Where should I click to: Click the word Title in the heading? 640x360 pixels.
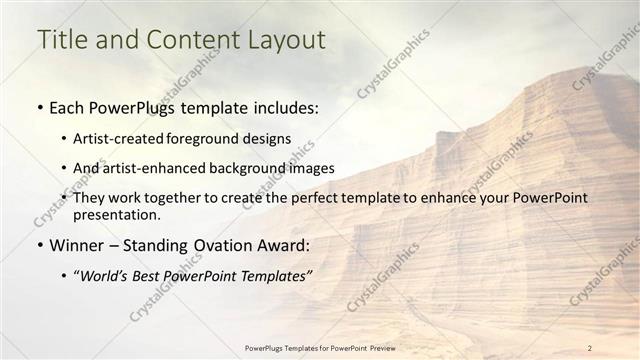click(61, 40)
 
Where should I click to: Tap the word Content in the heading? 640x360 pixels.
click(188, 40)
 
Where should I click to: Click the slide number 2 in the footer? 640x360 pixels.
click(590, 347)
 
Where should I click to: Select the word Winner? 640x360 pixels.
click(77, 244)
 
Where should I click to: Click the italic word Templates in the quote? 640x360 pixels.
click(269, 275)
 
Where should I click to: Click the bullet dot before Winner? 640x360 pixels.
click(40, 245)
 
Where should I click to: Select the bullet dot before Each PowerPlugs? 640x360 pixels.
click(40, 107)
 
